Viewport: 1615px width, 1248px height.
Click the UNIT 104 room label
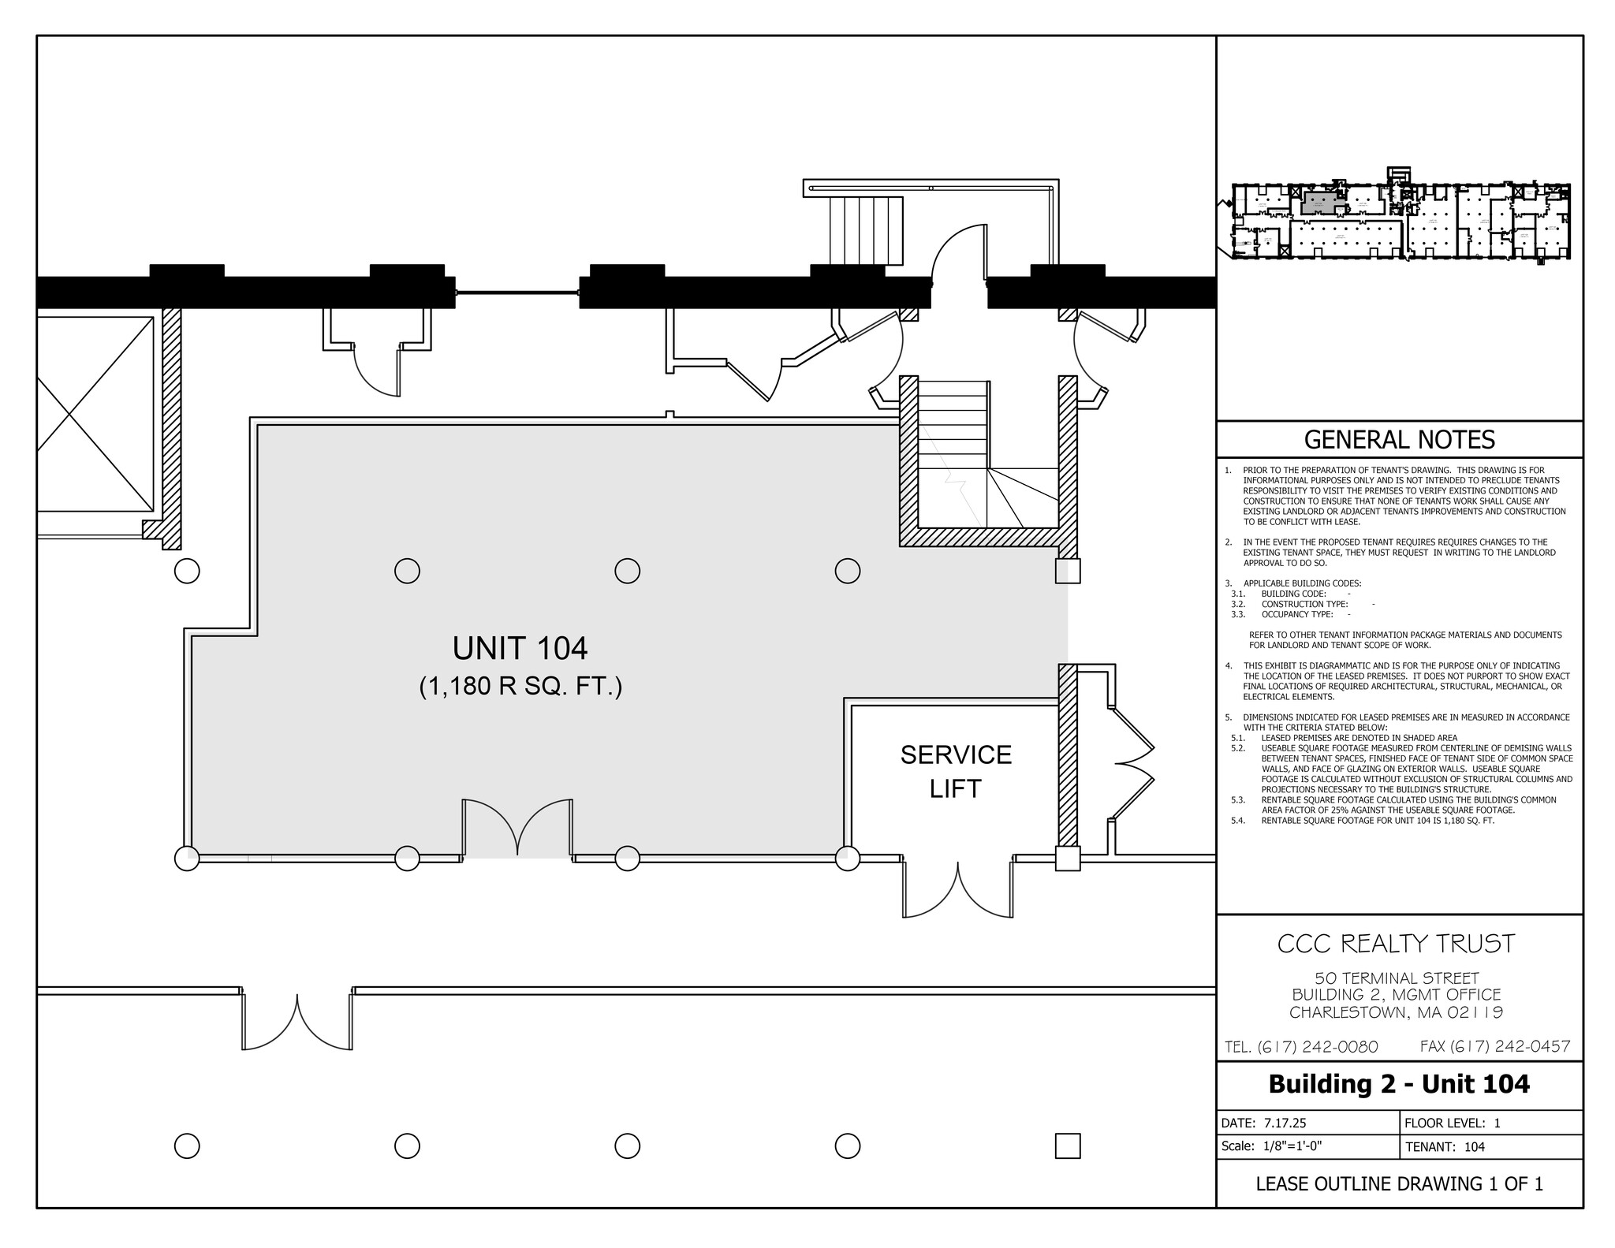(520, 649)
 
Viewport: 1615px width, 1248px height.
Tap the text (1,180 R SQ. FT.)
(520, 687)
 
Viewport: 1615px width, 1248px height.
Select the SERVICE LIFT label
(955, 771)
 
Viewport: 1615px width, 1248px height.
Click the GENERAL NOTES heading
(1399, 440)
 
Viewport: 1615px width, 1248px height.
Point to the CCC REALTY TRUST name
(1396, 944)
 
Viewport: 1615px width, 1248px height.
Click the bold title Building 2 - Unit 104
(1398, 1084)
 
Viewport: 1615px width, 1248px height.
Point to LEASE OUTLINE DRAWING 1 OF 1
(1399, 1183)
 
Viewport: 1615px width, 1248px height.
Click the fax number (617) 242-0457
(1495, 1046)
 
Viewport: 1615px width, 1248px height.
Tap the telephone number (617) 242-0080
(1301, 1047)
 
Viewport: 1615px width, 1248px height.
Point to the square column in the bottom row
(1067, 1146)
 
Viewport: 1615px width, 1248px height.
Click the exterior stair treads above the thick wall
(867, 230)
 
